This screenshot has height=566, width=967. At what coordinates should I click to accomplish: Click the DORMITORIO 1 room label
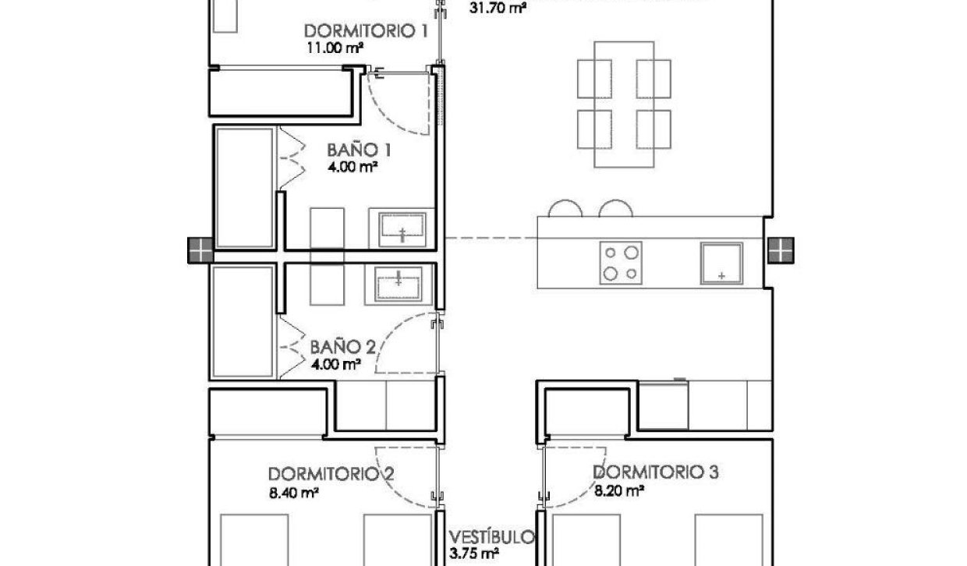pos(366,32)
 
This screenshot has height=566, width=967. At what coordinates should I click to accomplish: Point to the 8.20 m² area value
pos(619,490)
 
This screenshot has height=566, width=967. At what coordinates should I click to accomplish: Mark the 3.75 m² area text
pos(475,554)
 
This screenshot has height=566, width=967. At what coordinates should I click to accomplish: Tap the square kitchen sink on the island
pos(721,263)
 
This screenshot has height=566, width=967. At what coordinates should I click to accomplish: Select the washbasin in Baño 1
pos(402,228)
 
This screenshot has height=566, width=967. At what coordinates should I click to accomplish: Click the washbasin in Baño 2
pos(398,283)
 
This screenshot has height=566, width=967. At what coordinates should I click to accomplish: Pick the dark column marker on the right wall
pos(779,251)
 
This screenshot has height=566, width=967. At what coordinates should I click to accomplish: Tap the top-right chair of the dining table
pos(654,77)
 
